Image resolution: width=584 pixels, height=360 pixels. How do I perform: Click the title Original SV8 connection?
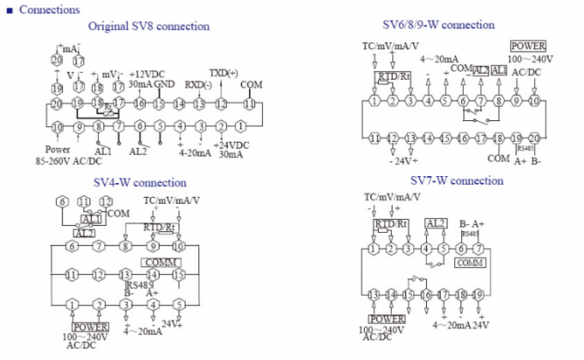tap(149, 27)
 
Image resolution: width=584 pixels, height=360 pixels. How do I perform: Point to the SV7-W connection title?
tap(456, 181)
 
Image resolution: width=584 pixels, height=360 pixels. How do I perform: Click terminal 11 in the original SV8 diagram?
tap(250, 103)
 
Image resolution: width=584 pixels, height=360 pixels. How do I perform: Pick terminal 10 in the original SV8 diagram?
tap(58, 127)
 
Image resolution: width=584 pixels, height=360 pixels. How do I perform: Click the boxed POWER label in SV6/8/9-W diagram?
tap(526, 46)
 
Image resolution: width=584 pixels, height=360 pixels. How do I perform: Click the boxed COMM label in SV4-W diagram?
tap(160, 262)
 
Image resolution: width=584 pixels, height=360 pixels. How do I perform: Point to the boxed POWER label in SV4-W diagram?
tap(90, 326)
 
